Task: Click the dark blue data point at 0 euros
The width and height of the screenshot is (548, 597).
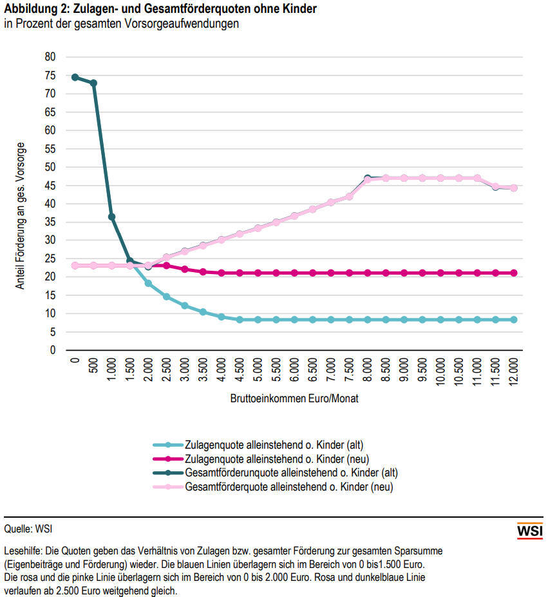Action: click(75, 77)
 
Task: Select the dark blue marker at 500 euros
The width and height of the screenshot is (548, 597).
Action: click(93, 83)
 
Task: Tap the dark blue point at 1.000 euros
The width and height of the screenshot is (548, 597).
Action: click(111, 217)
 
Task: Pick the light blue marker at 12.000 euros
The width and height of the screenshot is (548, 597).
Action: click(513, 320)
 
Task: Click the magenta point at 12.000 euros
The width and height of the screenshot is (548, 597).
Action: click(513, 273)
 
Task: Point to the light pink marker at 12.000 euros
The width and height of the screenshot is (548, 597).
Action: click(513, 188)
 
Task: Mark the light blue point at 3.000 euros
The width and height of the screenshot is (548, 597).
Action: click(185, 306)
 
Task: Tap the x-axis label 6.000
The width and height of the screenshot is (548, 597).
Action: click(294, 371)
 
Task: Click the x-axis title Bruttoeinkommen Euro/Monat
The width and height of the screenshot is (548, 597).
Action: click(294, 399)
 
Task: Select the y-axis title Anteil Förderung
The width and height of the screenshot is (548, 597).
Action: click(21, 215)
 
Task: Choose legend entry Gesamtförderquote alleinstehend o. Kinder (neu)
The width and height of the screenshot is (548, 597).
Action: click(288, 487)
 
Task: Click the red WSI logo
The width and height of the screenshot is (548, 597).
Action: click(530, 531)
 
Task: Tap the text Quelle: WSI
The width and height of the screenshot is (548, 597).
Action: click(28, 529)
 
